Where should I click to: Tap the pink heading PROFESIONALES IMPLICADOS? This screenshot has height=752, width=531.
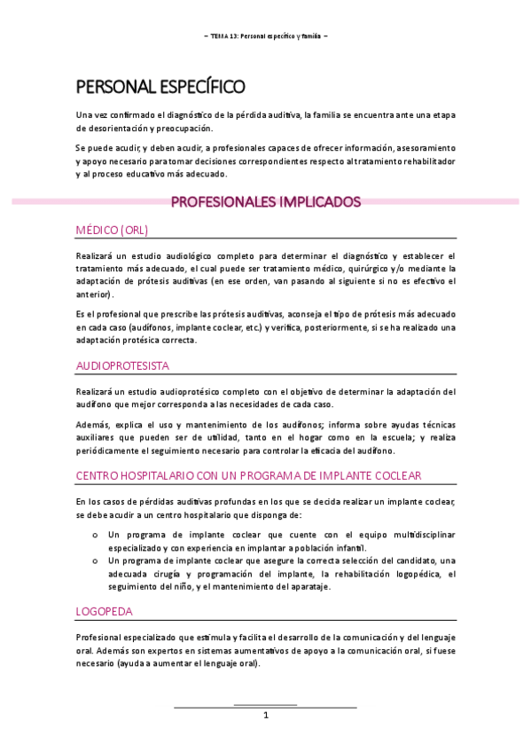pos(265,202)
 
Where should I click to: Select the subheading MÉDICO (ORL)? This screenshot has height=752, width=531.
pos(112,230)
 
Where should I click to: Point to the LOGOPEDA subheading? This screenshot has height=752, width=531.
pos(104,613)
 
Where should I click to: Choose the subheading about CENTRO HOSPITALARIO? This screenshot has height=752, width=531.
pos(248,476)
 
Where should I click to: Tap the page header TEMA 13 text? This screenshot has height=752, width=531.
pos(265,36)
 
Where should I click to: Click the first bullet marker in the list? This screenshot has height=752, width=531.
pos(95,536)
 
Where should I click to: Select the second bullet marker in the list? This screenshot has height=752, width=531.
pos(95,561)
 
